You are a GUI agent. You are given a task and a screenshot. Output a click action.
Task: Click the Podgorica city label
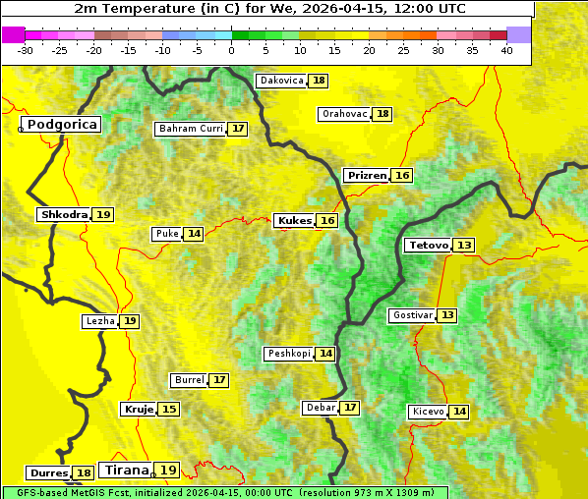(x=62, y=125)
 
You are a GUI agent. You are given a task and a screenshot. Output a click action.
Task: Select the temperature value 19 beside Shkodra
(x=104, y=214)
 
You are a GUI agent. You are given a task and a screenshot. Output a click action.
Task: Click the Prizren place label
(x=367, y=176)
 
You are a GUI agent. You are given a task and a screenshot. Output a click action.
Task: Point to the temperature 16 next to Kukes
(x=327, y=221)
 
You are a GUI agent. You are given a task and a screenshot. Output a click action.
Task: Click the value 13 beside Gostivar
(x=447, y=315)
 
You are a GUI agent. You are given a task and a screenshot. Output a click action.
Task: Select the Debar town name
(x=321, y=408)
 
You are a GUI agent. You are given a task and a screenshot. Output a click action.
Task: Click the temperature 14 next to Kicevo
(x=459, y=412)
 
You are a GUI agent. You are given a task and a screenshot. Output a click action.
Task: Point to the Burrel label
(x=189, y=380)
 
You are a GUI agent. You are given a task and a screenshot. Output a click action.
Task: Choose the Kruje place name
(x=137, y=409)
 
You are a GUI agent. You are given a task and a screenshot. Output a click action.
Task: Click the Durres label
(x=48, y=473)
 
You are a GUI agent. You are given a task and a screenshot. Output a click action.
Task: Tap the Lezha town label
(x=100, y=321)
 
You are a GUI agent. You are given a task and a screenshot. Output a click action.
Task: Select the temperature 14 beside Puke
(x=194, y=234)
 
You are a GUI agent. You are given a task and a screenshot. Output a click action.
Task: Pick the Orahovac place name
(x=345, y=114)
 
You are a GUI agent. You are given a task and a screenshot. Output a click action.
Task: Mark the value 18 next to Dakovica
(x=319, y=81)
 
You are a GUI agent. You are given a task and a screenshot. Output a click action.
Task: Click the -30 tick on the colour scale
(x=27, y=49)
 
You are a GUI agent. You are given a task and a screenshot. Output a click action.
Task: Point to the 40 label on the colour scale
(x=507, y=49)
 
